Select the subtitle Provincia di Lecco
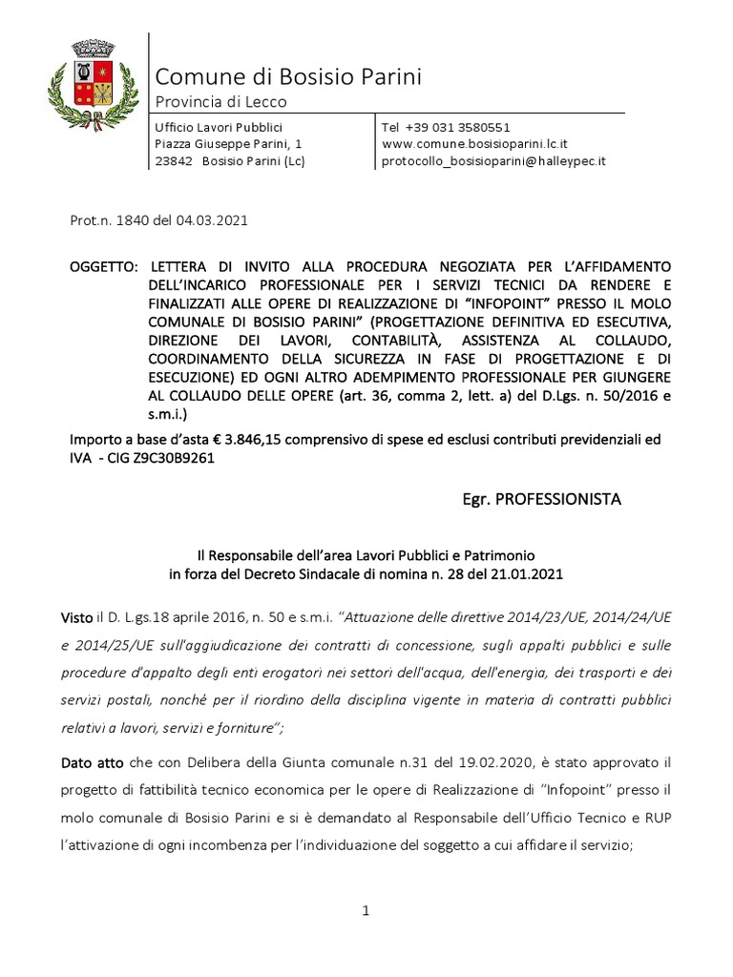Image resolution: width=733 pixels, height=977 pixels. (220, 102)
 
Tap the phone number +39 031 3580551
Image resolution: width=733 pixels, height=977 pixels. (446, 127)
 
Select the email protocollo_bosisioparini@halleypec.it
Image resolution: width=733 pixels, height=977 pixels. (493, 161)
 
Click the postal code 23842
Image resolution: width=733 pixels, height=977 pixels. (174, 161)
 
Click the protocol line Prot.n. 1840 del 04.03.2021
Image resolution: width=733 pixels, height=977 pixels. (159, 219)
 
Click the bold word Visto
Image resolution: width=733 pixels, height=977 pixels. (89, 617)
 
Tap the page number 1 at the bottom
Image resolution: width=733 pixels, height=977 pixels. (366, 912)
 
